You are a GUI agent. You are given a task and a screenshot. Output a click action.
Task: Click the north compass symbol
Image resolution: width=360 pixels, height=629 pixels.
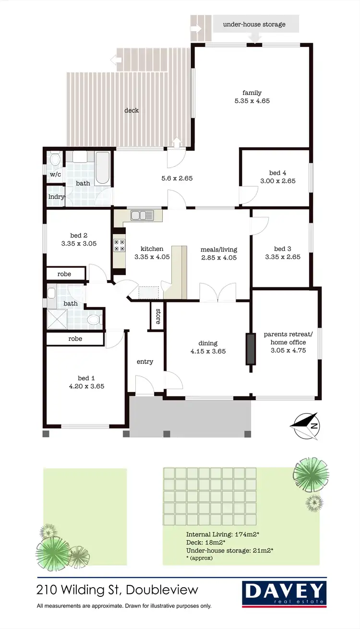click(x=305, y=426)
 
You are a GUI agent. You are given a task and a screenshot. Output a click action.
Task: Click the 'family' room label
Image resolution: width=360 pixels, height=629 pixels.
click(x=252, y=93)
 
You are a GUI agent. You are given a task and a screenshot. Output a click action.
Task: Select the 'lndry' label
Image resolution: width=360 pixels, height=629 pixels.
click(x=56, y=196)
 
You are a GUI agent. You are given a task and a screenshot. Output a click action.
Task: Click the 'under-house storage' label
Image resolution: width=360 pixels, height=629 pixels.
click(x=254, y=24)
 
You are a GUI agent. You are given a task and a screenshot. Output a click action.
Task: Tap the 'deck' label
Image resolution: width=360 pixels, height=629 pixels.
click(x=132, y=110)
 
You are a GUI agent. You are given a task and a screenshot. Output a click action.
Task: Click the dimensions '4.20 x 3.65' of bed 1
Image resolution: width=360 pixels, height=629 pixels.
click(x=86, y=386)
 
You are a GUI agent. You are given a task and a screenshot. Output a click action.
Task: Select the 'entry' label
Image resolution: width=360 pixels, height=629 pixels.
click(x=144, y=361)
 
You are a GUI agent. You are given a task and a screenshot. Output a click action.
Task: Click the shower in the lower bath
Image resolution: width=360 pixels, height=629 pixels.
click(x=58, y=319)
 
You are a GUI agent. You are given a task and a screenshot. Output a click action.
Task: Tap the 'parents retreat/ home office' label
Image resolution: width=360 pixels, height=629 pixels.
click(x=288, y=338)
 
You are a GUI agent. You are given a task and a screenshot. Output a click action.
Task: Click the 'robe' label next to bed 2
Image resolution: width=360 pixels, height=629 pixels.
click(x=64, y=274)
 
